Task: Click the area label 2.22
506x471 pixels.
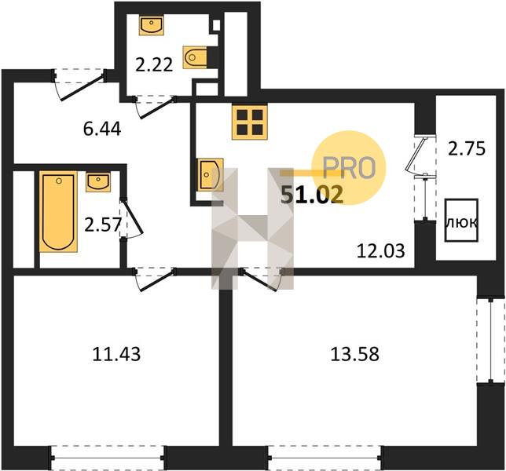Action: coord(154,65)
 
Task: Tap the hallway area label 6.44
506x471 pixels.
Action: coord(102,130)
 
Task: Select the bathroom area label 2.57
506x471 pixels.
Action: coord(103,225)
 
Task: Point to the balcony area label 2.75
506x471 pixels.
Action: coord(467,149)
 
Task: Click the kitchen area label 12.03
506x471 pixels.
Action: coord(381,251)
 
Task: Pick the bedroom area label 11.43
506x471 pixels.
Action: coord(116,354)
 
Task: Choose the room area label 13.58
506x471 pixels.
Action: coord(354,354)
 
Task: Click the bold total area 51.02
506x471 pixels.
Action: coord(312,195)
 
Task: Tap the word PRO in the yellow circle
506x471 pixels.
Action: coord(350,168)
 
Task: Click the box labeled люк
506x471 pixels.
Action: coord(461,221)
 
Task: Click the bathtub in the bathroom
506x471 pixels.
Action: coord(58,211)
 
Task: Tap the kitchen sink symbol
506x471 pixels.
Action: coord(210,174)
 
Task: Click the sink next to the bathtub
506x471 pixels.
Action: coord(98,182)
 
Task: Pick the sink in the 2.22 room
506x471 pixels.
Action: coord(152,25)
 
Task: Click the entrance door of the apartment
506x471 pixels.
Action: coord(79,85)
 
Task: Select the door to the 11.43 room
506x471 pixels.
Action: coord(155,279)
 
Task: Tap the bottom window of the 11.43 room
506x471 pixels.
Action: coord(108,457)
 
